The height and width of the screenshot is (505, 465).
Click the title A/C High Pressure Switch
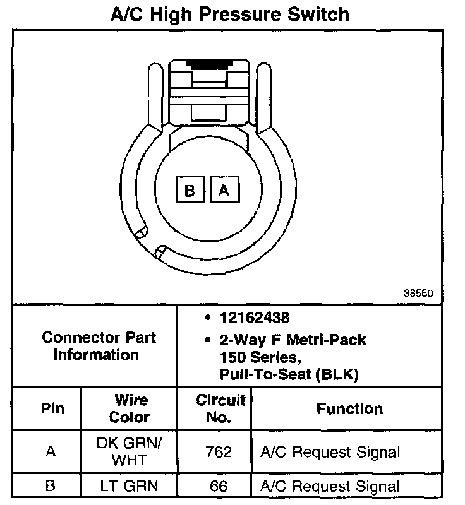(x=230, y=15)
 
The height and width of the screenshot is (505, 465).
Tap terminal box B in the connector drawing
(x=190, y=189)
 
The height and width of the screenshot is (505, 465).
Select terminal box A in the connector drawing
(x=225, y=189)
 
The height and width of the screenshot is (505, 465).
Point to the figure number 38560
(x=418, y=293)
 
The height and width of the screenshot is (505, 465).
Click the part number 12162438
(x=254, y=318)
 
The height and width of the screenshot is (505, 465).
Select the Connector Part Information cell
(x=95, y=346)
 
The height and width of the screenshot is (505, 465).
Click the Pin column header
(x=52, y=408)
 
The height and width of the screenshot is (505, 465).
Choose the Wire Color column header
(x=129, y=408)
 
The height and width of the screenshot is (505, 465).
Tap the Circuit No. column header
(x=220, y=408)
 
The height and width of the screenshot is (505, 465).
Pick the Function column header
(x=349, y=408)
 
